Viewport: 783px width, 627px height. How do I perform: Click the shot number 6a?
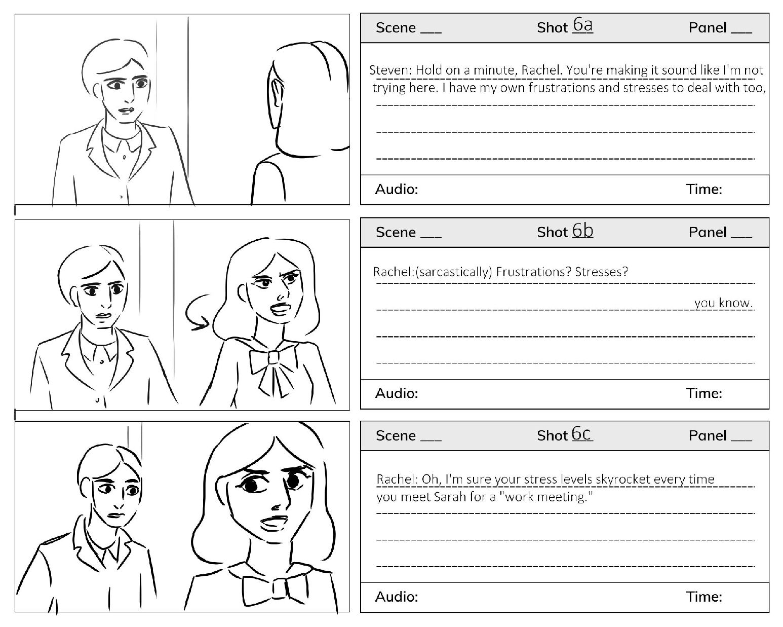583,25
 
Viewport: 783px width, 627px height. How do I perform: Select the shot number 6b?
582,231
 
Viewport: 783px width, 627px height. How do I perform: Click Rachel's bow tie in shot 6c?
273,590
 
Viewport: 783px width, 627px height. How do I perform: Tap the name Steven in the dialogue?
390,70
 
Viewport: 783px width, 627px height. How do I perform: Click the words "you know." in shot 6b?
723,303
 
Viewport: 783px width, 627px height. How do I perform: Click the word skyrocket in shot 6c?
623,479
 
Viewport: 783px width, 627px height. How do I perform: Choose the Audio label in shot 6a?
397,190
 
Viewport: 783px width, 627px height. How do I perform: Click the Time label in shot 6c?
704,597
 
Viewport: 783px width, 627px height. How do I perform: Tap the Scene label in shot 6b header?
396,232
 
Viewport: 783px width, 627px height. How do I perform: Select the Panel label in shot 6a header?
708,28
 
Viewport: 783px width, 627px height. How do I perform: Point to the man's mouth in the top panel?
127,110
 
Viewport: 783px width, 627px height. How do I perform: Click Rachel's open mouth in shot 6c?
275,523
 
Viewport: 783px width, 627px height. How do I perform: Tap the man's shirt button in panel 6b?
101,361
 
